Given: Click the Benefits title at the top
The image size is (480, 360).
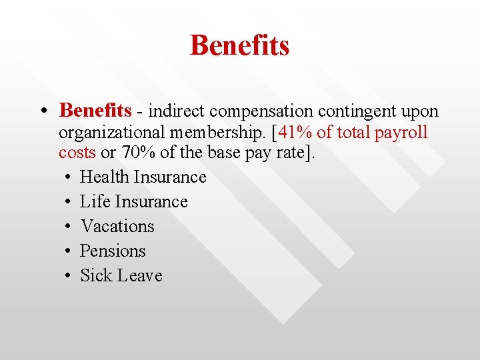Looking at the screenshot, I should point(239,45).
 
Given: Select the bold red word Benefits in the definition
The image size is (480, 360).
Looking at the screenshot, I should point(95,110).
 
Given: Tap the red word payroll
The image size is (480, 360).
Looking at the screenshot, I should point(401,132).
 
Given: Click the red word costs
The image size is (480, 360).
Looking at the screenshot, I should point(77,153).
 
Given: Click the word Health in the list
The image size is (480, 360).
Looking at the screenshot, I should point(104,177).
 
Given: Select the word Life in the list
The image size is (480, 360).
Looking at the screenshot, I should point(95,201).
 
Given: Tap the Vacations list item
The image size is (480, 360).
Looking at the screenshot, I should point(117,226).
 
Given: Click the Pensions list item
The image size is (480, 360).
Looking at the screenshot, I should point(113,251).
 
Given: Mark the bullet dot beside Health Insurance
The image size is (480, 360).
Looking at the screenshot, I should point(69,177).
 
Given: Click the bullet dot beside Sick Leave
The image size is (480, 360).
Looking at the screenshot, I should point(69,276).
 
